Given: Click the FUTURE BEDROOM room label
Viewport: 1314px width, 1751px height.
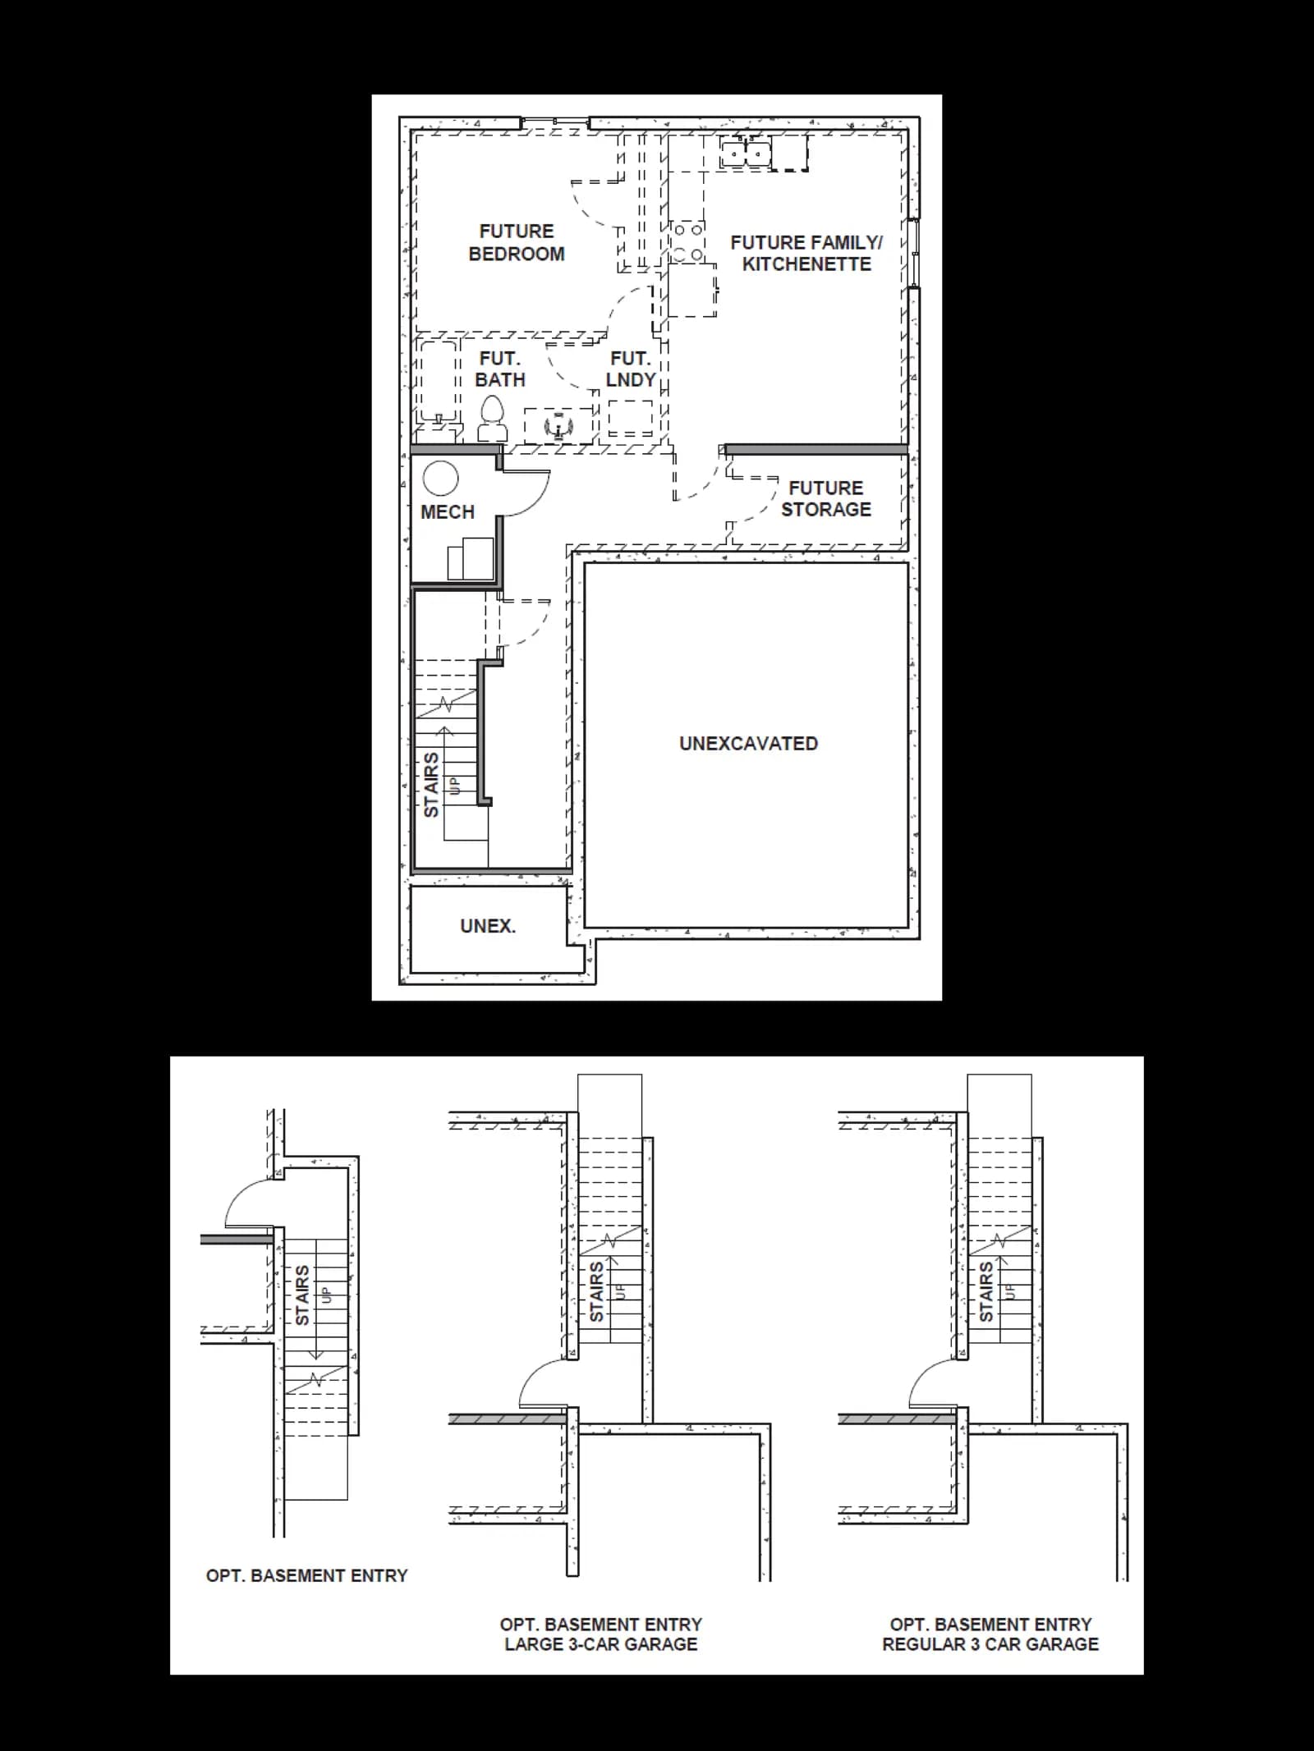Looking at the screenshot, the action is tap(517, 243).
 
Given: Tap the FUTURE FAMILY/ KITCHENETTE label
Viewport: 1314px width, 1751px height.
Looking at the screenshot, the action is tap(806, 253).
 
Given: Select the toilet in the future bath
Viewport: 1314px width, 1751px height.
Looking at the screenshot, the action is tap(492, 419).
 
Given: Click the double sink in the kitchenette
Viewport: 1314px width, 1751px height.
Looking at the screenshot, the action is tap(745, 153).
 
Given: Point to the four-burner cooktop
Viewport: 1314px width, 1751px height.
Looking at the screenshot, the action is tap(687, 242).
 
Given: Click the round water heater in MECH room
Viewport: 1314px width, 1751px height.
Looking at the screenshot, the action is tap(440, 479).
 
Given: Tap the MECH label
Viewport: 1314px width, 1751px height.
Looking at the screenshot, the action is tap(448, 512).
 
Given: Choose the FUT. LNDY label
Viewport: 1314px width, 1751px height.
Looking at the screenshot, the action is tap(631, 369).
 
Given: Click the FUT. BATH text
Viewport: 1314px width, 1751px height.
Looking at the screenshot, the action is tap(500, 369).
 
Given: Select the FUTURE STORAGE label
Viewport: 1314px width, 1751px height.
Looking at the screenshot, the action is tap(826, 499).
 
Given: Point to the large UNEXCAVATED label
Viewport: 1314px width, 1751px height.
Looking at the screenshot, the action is tap(748, 744).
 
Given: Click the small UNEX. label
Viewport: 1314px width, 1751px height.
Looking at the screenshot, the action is tap(488, 926).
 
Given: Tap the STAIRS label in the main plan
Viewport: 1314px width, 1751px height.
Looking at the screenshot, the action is tap(431, 784).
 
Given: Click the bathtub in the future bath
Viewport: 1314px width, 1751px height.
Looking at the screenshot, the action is tap(438, 383).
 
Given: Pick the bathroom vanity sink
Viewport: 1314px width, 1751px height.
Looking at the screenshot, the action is tap(558, 426).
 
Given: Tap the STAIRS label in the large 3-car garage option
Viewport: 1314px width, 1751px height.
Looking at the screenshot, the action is tap(597, 1291).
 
